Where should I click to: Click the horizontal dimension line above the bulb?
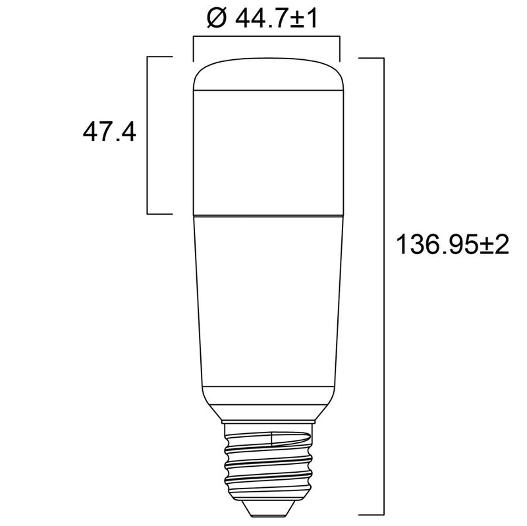[x=265, y=38]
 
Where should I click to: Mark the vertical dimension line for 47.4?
[x=147, y=135]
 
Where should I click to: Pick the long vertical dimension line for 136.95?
[x=383, y=283]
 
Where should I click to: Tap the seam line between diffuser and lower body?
[x=265, y=215]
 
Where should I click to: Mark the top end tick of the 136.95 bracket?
[x=372, y=58]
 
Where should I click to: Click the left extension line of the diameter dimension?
[x=192, y=49]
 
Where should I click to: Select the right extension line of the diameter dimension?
[x=339, y=49]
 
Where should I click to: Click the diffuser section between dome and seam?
[x=265, y=151]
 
